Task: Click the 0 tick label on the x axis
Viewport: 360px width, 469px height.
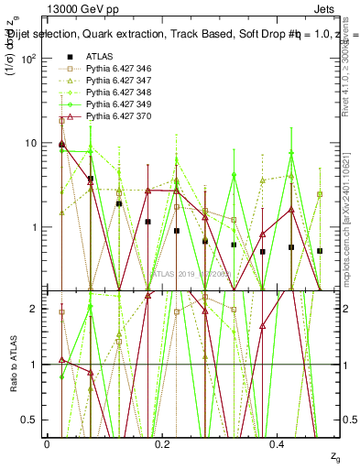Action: click(47, 442)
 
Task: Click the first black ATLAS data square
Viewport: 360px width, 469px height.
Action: click(61, 144)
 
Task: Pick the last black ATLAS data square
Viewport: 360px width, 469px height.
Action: click(320, 251)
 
